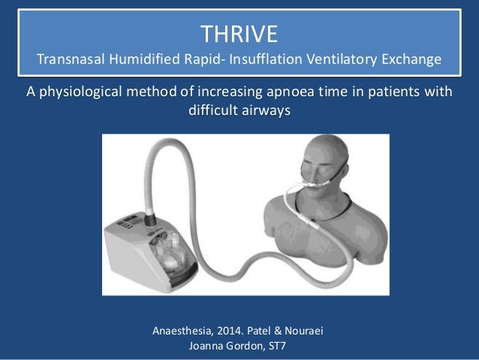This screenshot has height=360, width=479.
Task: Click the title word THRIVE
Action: (x=239, y=34)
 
